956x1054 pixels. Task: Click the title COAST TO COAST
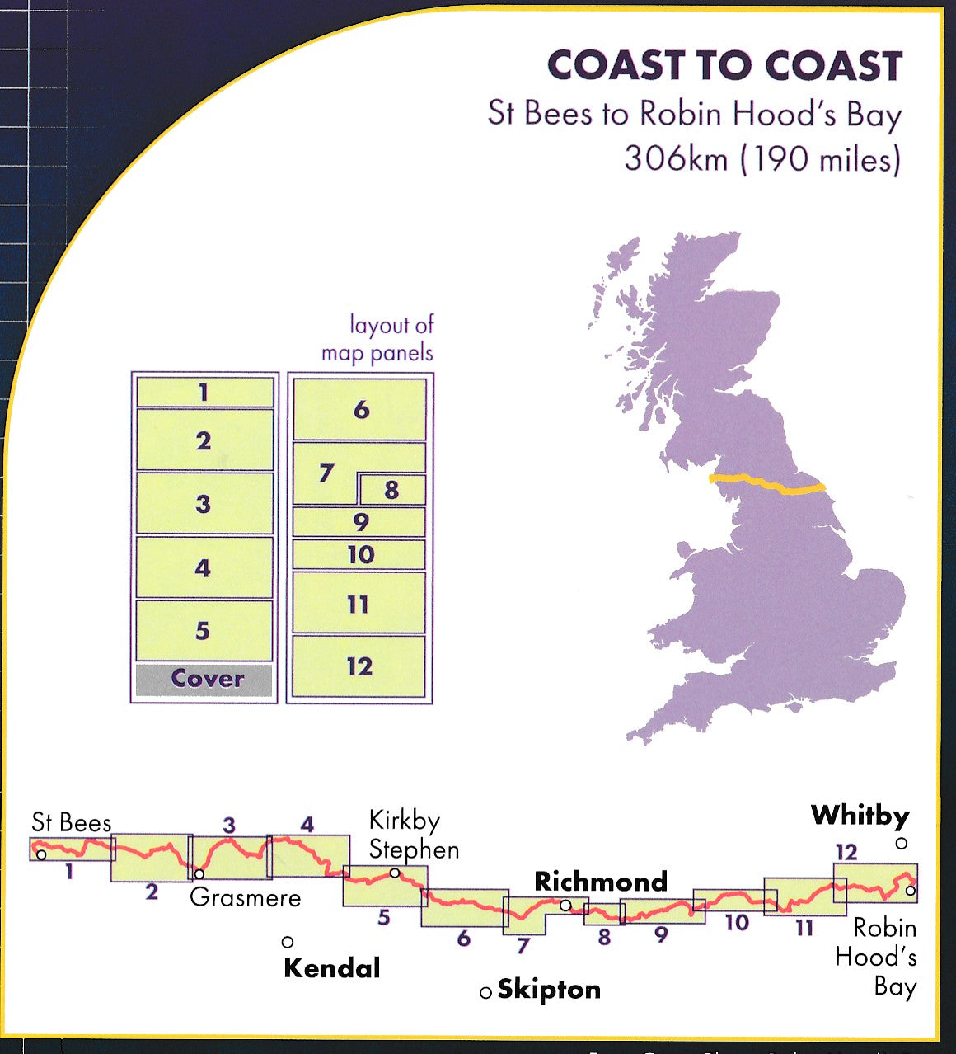coord(724,66)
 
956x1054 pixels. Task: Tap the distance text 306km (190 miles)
coord(762,158)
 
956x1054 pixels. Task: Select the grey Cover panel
coord(204,680)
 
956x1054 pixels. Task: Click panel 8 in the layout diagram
coord(391,490)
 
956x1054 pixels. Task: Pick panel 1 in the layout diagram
coord(204,392)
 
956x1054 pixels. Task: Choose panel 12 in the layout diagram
coord(359,666)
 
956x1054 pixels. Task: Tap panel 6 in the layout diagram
coord(360,409)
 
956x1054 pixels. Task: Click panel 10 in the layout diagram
coord(359,554)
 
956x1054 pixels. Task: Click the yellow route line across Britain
coord(766,484)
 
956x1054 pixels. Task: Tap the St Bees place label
coord(71,822)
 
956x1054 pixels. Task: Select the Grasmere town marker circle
coord(199,873)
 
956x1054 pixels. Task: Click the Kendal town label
coord(331,967)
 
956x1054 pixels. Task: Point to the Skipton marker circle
coord(485,992)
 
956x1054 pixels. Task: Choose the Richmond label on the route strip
coord(600,881)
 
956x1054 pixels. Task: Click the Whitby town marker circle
coord(901,843)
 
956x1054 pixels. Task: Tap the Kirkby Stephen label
coord(413,835)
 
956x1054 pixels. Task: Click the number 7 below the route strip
coord(522,945)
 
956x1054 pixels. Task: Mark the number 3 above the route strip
coord(229,825)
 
